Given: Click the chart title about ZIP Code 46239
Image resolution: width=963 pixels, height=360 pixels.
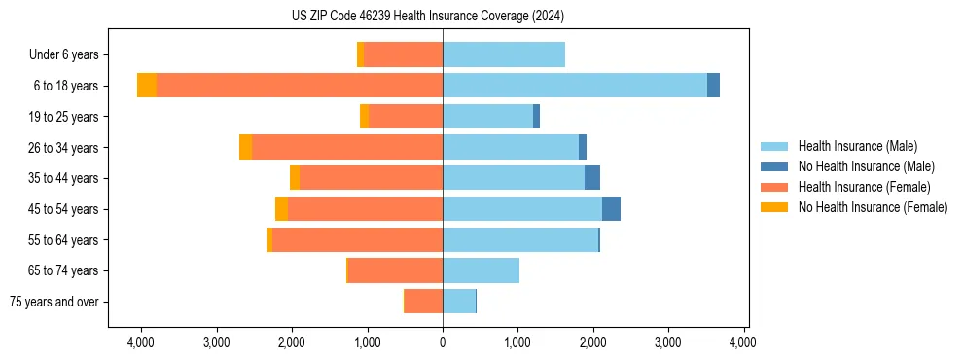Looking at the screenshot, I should (x=427, y=17).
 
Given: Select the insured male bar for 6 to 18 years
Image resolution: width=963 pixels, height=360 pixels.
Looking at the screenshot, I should (x=574, y=86).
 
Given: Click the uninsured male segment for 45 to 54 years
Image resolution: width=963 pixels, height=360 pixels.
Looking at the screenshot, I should (x=611, y=209).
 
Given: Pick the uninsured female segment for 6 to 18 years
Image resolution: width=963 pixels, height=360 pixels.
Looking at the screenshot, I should (x=147, y=86).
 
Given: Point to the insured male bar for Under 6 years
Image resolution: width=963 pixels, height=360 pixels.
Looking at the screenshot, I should (x=504, y=54).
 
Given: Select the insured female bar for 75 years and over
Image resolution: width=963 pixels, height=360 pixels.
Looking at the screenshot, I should (x=423, y=302).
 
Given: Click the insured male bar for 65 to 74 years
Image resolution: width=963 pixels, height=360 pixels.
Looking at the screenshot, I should (x=481, y=270).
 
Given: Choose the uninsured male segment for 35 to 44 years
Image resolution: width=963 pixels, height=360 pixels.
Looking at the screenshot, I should (x=592, y=178).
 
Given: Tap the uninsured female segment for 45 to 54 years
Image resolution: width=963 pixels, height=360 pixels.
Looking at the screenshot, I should (x=281, y=209).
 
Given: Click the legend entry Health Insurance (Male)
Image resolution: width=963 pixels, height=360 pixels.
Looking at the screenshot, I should (x=857, y=146).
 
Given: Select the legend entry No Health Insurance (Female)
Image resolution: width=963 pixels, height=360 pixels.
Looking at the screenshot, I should (x=873, y=207).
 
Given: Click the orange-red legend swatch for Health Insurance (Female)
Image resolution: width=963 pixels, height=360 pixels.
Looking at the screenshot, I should (x=774, y=187).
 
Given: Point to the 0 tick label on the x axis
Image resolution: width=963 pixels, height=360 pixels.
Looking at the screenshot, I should (x=443, y=342).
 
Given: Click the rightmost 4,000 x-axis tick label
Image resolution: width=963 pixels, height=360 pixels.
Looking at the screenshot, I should (x=744, y=342).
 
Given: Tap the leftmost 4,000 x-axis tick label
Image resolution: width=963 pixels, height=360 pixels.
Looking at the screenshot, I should (x=141, y=342).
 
